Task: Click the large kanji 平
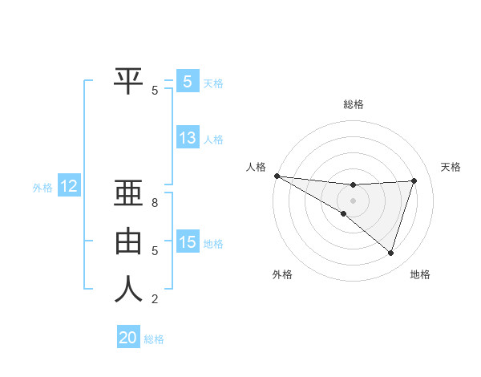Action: coord(128,79)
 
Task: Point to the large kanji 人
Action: coord(128,289)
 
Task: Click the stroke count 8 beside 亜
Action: coord(155,203)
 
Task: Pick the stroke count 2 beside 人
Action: coord(155,299)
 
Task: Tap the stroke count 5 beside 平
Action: coord(155,91)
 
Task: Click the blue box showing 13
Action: coord(188,138)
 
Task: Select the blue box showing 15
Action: coord(188,242)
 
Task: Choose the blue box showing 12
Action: coord(69,187)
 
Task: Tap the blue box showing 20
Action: coord(128,338)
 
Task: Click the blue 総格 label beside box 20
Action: coord(154,339)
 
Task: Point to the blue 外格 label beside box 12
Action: coord(42,188)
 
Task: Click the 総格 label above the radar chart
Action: coord(353,104)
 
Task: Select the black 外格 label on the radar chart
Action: coord(282,274)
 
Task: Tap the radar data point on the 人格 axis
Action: coord(277,175)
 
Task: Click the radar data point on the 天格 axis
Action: coord(414,180)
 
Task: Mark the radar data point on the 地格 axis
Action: coord(390,253)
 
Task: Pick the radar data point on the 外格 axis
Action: coord(343,213)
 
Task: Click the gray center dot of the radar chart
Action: coord(353,200)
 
